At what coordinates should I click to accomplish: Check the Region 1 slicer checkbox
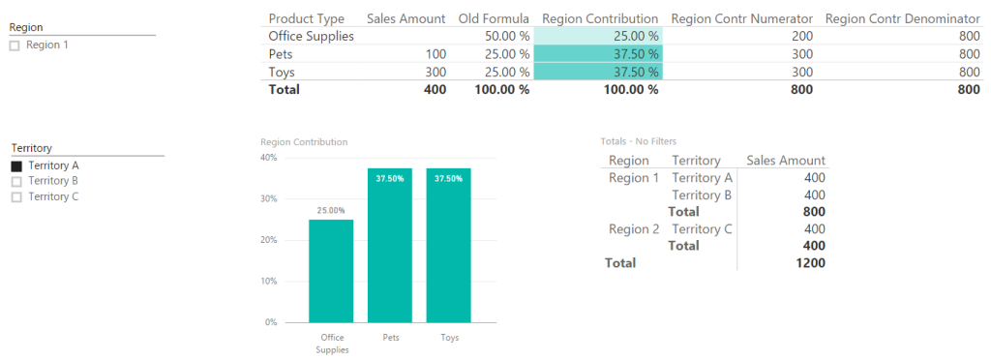[15, 45]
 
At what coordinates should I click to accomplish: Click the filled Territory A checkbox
[15, 165]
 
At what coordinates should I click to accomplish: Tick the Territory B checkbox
[15, 181]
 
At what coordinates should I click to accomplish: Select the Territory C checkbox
[15, 196]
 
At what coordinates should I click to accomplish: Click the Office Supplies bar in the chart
[331, 271]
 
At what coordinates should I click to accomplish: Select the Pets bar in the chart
[390, 246]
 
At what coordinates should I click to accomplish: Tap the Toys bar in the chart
[449, 246]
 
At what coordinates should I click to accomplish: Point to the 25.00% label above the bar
[331, 210]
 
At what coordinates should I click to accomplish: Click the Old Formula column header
[493, 18]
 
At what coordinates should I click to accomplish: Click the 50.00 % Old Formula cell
[507, 36]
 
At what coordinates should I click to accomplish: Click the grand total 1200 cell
[809, 263]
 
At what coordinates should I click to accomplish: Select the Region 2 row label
[633, 229]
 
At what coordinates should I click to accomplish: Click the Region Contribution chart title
[304, 142]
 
